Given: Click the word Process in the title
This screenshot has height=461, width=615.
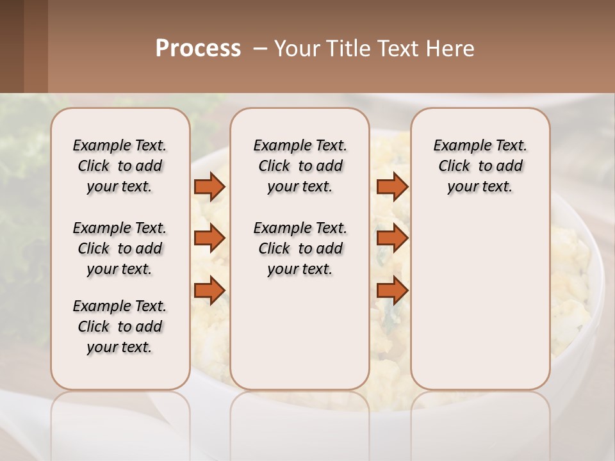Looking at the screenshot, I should [x=198, y=49].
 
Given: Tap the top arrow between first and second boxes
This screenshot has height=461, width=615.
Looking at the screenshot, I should [x=209, y=186].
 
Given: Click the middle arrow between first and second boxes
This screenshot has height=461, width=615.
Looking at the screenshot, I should [x=209, y=238].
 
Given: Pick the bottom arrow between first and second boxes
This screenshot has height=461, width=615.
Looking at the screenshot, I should [x=209, y=290].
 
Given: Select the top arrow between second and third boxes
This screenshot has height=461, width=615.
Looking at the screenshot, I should [x=392, y=186].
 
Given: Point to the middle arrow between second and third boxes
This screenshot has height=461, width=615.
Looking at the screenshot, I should [x=392, y=238].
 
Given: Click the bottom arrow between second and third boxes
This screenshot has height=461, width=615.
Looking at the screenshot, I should [x=392, y=290].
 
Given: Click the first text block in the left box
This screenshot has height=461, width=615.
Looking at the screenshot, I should [x=120, y=166].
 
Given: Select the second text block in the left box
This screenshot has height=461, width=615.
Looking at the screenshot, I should [x=120, y=248].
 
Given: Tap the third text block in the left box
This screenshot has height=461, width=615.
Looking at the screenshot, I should [x=120, y=327].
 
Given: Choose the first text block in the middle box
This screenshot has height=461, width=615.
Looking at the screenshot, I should [x=300, y=166].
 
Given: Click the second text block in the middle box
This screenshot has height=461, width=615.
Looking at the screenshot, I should [x=300, y=248].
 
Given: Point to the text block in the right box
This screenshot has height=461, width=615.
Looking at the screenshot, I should [x=480, y=166].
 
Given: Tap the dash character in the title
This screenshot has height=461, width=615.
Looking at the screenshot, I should [x=260, y=49].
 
